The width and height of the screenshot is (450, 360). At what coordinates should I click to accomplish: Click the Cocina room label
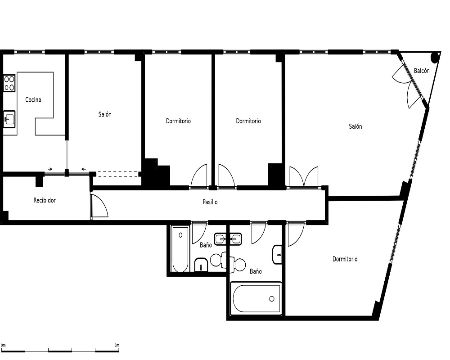(x=33, y=99)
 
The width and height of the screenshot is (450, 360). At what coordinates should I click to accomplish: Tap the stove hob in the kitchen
(x=9, y=83)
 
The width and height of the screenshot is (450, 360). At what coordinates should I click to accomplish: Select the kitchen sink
(x=9, y=119)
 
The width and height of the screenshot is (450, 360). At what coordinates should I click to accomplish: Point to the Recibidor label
(x=45, y=200)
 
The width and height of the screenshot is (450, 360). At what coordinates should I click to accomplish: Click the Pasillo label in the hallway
(x=210, y=202)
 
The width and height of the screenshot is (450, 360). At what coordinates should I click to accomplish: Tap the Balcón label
(x=422, y=71)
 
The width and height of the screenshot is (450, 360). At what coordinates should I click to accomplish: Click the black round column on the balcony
(x=435, y=58)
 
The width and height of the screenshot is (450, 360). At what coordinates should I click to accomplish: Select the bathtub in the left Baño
(x=180, y=249)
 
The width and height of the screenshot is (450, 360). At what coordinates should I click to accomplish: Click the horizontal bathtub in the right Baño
(x=256, y=298)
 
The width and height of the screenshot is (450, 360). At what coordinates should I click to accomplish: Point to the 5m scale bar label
(x=117, y=345)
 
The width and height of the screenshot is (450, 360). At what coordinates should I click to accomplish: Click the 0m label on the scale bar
(x=3, y=345)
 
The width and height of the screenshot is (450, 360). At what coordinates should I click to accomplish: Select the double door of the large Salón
(x=304, y=177)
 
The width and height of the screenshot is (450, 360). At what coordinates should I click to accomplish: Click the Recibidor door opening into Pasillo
(x=99, y=206)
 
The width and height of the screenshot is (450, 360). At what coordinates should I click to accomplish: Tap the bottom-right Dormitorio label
(x=345, y=259)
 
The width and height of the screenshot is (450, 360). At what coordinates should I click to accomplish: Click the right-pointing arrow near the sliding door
(x=50, y=169)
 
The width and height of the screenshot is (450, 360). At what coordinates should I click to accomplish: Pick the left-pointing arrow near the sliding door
(x=84, y=169)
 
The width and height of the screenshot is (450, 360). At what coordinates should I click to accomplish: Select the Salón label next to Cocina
(x=105, y=114)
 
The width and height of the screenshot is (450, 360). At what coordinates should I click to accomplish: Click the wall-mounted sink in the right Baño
(x=277, y=255)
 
